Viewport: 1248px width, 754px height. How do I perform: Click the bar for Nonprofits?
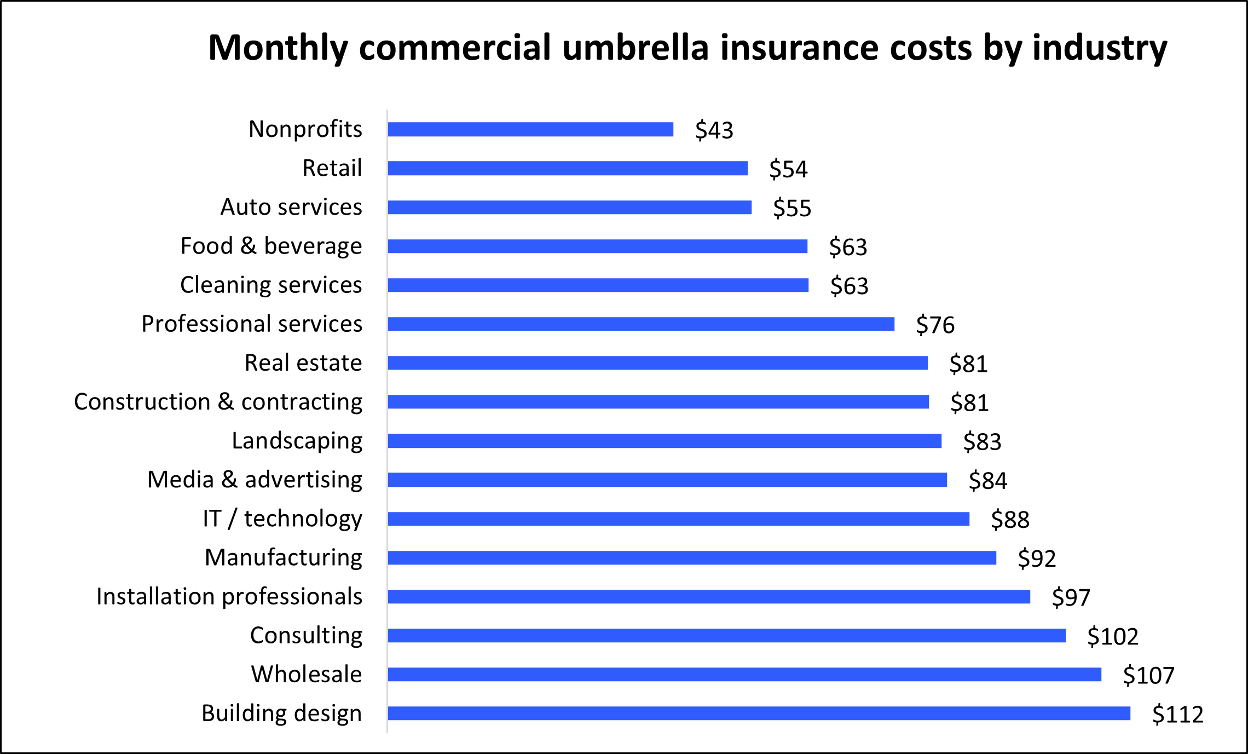point(530,129)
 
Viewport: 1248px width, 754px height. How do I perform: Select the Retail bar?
point(567,168)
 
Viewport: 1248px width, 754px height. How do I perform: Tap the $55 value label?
point(791,208)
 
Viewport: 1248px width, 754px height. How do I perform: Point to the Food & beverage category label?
point(271,246)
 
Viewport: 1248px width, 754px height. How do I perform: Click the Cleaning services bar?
point(598,285)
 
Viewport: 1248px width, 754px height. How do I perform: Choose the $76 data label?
point(935,325)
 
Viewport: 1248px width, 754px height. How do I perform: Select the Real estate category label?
point(303,362)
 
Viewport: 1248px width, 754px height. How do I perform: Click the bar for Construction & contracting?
point(658,402)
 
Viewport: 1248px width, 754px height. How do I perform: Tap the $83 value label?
point(982,441)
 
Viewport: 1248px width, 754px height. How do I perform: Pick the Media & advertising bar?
point(667,480)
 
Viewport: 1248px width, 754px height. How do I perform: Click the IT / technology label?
point(282,519)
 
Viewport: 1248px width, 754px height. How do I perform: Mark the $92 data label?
point(1036,559)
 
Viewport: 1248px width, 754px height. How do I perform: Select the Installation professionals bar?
point(708,597)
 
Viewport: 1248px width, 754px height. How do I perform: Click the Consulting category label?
point(306,635)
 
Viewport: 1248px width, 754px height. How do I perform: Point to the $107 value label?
point(1148,675)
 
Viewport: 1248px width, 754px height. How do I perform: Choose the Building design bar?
point(759,713)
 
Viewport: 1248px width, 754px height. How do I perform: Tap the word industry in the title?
point(1099,48)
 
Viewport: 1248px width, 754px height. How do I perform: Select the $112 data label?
point(1177,715)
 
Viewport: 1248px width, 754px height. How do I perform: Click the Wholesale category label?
point(306,674)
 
